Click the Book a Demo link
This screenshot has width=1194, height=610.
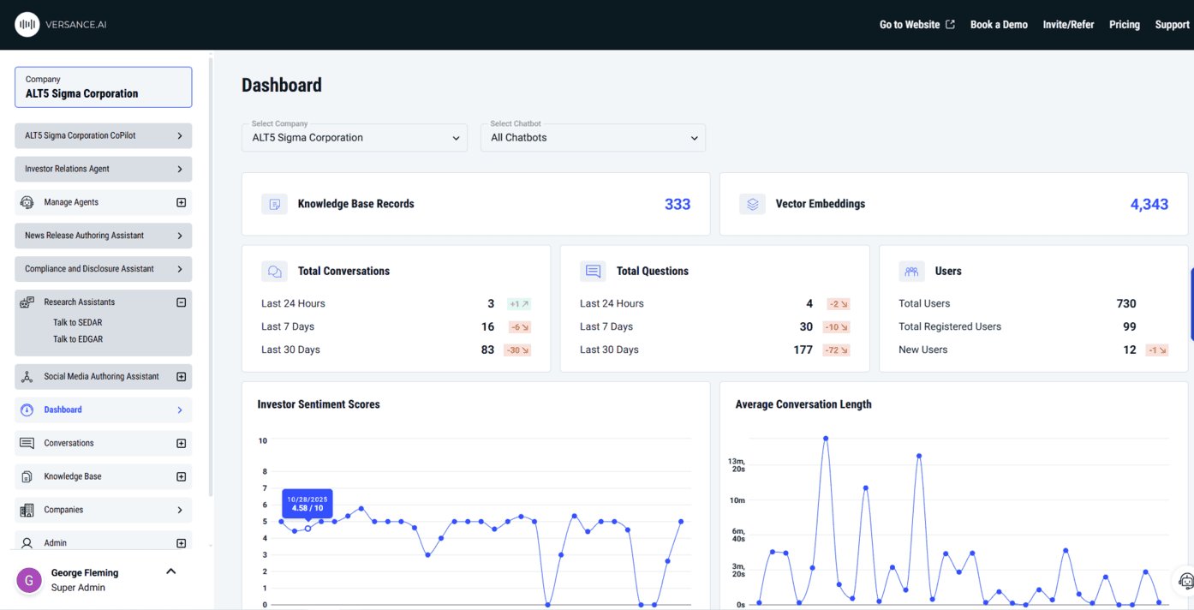click(999, 25)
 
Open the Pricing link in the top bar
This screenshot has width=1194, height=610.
click(1124, 25)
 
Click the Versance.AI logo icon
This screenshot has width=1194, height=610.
click(27, 25)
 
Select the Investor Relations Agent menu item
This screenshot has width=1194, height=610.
click(103, 169)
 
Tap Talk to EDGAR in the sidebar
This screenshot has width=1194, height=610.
click(78, 339)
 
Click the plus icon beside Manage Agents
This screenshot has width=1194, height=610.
click(181, 203)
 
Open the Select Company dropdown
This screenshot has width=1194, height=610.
click(355, 138)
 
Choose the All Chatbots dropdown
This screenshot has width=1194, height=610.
click(593, 138)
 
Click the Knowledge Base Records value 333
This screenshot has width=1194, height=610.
click(678, 204)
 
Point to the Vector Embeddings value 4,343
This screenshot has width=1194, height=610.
click(1149, 204)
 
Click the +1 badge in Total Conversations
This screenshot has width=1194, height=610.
click(519, 304)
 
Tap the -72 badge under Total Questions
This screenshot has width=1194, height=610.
click(837, 350)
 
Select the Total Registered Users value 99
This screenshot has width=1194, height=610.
click(1129, 326)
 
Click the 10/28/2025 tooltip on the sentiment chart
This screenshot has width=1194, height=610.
click(307, 503)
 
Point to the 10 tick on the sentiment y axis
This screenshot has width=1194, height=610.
click(263, 441)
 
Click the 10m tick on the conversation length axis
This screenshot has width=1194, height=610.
click(737, 500)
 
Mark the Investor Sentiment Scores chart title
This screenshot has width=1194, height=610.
click(319, 404)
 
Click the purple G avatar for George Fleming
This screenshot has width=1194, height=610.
click(29, 580)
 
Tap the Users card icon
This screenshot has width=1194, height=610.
click(911, 272)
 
